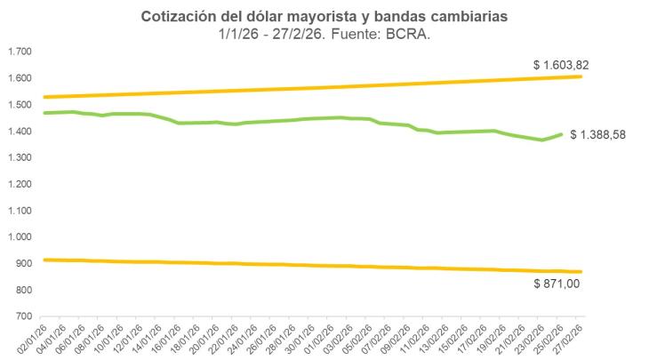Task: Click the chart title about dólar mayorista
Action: coord(324,17)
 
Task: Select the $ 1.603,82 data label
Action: coord(561,64)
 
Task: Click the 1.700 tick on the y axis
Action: coord(20,52)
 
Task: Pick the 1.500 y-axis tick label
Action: coord(20,105)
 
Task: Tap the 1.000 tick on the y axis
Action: coord(20,237)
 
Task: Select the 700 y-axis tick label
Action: coord(24,316)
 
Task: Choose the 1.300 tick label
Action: coord(20,157)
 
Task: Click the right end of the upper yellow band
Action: coord(581,76)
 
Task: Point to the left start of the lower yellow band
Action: coord(44,260)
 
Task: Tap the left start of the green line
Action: coord(44,113)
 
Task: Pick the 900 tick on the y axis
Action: coord(24,264)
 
